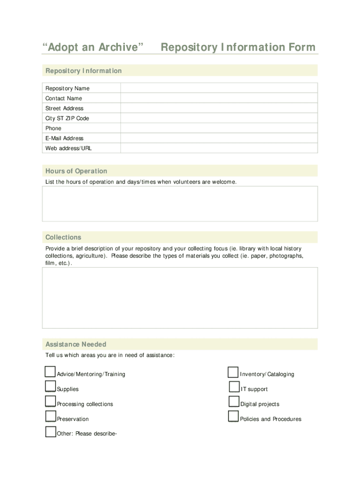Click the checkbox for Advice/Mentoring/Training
point(50,372)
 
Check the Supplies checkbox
point(50,386)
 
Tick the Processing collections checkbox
point(50,401)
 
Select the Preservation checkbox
point(50,416)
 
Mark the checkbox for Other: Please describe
point(50,431)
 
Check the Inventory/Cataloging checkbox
point(233,372)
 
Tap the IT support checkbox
point(234,386)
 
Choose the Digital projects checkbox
point(234,401)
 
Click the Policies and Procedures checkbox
point(233,416)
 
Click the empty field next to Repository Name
point(219,88)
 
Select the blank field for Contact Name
point(219,98)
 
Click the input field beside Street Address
point(219,108)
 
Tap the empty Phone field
point(219,128)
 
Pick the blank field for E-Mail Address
point(219,138)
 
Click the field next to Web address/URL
point(219,148)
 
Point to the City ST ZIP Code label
point(67,118)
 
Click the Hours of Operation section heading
point(76,171)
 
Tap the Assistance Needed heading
point(76,344)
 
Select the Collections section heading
point(63,237)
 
